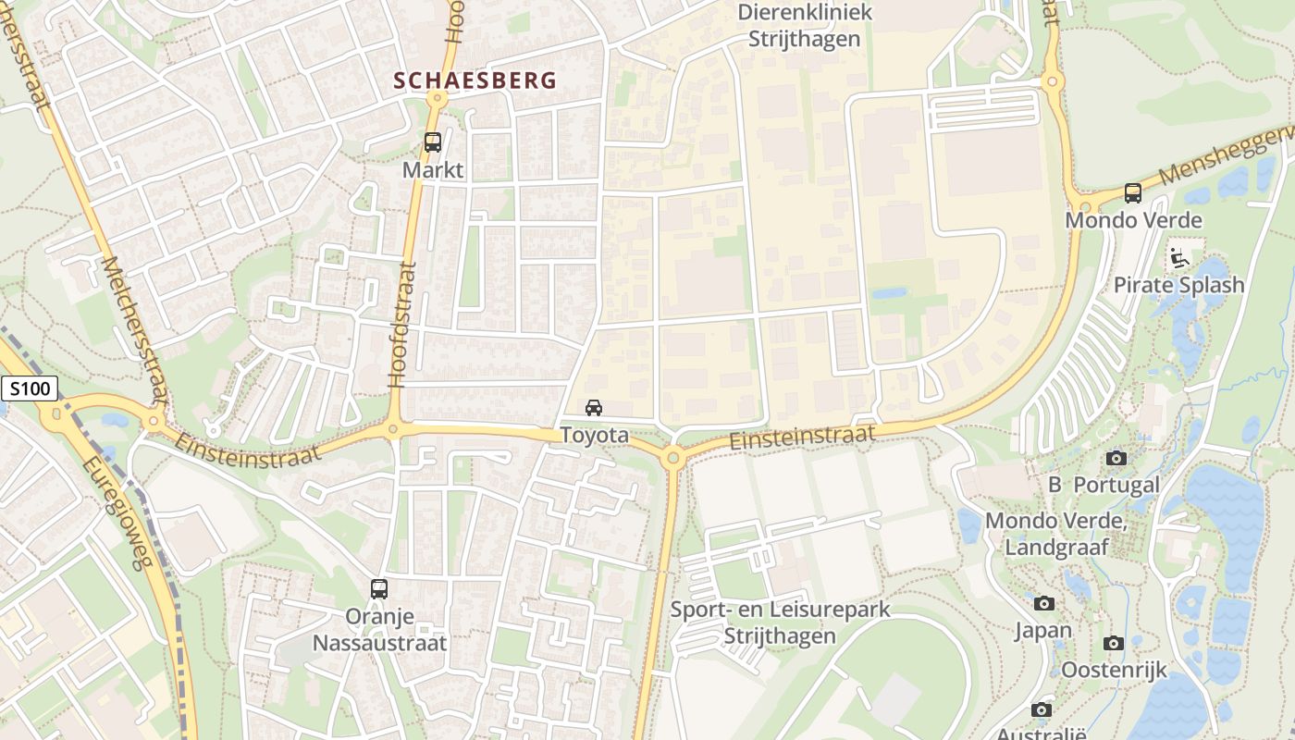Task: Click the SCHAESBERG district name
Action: point(475,80)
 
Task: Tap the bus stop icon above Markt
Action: point(433,142)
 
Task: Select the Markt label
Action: point(433,170)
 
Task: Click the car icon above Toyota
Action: point(594,407)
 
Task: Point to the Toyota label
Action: point(594,435)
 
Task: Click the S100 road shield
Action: point(30,389)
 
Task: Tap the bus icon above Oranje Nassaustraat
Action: point(378,588)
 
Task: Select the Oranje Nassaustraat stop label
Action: point(379,630)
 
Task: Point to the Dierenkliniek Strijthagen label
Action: point(804,26)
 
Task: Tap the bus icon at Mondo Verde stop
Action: point(1133,192)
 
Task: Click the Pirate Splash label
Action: point(1178,285)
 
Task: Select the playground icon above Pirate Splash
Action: point(1178,257)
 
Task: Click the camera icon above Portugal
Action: point(1116,458)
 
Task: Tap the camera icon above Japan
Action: point(1044,603)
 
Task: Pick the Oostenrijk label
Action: point(1114,670)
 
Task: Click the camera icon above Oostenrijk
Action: point(1114,643)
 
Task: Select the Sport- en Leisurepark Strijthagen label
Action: point(780,623)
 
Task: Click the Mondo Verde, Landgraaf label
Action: point(1056,534)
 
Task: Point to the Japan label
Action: point(1043,631)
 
